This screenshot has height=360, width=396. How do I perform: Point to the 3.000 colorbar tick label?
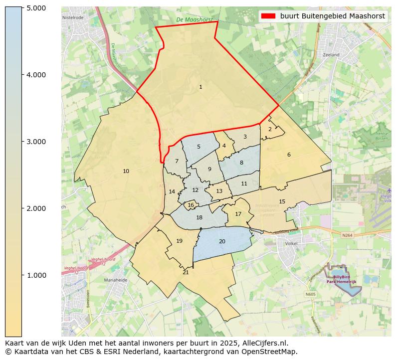[36, 142]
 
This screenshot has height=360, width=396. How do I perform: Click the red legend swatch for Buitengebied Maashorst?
[268, 16]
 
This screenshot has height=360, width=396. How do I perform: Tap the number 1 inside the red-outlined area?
[200, 87]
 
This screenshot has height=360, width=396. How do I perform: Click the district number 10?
[126, 172]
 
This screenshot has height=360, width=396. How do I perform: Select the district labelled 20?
[222, 242]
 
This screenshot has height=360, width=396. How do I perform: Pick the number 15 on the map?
[282, 201]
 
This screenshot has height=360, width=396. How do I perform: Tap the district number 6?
[289, 155]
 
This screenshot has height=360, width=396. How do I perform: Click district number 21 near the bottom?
[186, 273]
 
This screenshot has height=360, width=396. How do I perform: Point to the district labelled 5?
[198, 147]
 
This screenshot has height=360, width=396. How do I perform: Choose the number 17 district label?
[238, 214]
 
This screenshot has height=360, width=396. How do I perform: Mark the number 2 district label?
[270, 129]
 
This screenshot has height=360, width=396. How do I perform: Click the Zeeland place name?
[331, 55]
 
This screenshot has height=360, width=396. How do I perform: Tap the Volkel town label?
[291, 244]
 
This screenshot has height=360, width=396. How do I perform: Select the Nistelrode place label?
[73, 17]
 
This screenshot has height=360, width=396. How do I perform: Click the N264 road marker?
[347, 235]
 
